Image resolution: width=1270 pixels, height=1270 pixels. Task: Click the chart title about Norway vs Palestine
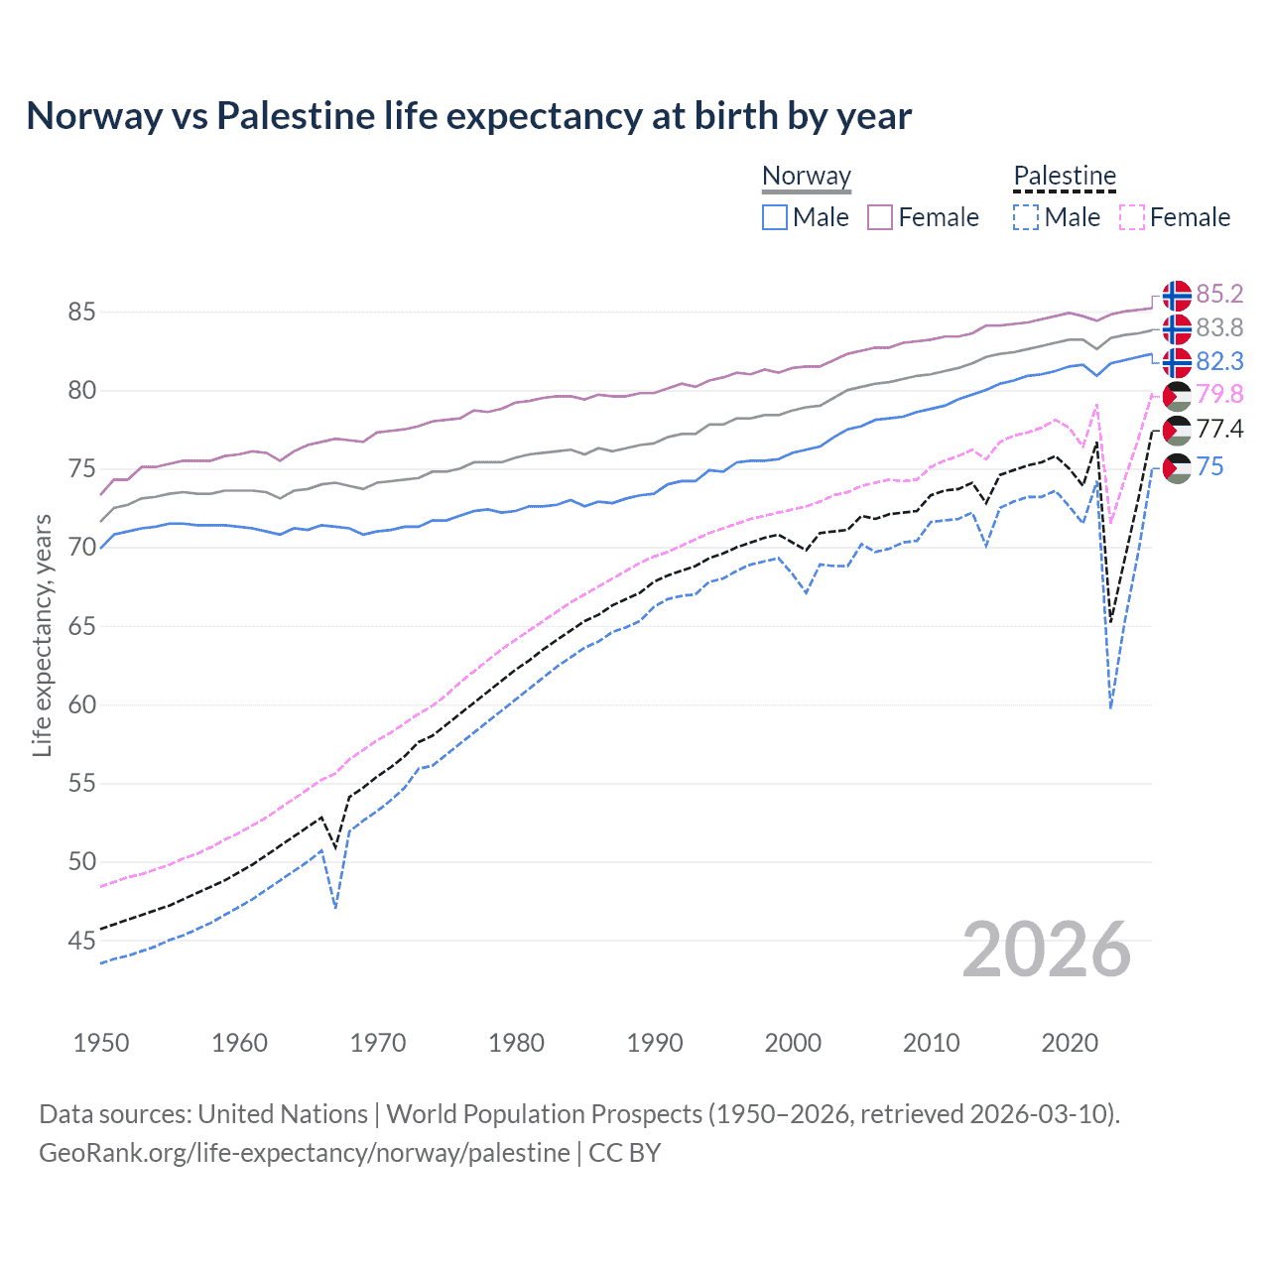[x=468, y=116]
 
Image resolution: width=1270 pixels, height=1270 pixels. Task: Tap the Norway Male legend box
[x=775, y=217]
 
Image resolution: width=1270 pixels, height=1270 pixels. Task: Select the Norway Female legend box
[x=880, y=217]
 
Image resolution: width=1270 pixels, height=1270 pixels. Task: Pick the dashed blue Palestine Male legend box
[x=1026, y=217]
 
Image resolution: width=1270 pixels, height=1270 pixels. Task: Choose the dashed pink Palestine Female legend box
[x=1131, y=217]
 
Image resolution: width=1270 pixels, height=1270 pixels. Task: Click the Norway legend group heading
[x=807, y=176]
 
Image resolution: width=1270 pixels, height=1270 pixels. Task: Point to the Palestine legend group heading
[x=1065, y=176]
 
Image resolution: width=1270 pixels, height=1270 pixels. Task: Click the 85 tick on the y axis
[x=81, y=313]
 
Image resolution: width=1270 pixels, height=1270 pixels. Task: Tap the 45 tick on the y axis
[x=81, y=941]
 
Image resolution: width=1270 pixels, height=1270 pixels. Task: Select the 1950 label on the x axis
[x=101, y=1043]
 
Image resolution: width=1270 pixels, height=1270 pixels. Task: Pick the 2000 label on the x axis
[x=793, y=1043]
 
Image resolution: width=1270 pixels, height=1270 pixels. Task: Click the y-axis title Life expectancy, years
[x=42, y=635]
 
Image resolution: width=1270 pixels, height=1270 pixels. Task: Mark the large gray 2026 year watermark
[x=1047, y=950]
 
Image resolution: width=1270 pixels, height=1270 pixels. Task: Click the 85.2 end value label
[x=1219, y=295]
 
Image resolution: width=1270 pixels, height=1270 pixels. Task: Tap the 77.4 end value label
[x=1219, y=429]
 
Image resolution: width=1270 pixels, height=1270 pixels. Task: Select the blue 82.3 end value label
[x=1219, y=361]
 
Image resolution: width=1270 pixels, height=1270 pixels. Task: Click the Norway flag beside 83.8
[x=1177, y=328]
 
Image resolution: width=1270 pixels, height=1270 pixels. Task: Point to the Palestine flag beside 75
[x=1177, y=467]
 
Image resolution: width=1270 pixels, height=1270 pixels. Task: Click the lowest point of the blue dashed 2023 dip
[x=1110, y=707]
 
